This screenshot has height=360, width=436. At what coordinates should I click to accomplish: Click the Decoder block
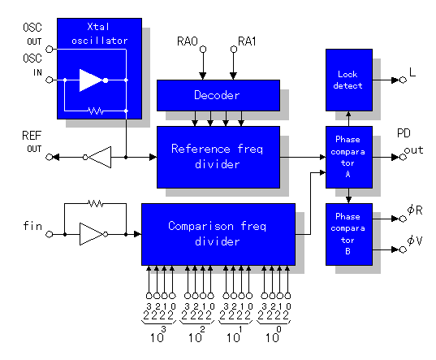218,95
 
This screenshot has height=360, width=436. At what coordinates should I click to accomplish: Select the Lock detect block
349,80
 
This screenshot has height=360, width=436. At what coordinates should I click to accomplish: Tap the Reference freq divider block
218,157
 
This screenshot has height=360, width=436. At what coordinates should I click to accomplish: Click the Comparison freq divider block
218,234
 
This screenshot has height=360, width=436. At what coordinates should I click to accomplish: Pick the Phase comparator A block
349,157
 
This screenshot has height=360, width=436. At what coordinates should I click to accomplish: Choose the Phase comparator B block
349,234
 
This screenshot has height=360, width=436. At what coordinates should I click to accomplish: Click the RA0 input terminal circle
203,50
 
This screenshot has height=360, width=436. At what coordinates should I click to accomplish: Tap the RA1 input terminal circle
234,50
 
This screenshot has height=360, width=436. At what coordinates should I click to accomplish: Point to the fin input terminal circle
50,234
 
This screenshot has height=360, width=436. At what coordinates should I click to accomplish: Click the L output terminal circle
403,80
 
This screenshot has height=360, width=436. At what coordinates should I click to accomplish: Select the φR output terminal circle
403,219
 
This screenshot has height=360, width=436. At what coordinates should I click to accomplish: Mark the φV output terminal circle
403,249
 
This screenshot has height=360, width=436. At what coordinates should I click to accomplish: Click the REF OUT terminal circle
50,157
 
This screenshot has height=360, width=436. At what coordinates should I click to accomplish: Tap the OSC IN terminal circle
50,80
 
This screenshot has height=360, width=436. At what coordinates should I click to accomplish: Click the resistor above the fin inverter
96,203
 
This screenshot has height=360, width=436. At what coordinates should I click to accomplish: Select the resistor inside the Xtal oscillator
96,111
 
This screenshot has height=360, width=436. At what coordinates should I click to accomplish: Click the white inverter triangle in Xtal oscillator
91,80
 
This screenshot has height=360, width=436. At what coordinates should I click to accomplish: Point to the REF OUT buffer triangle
100,157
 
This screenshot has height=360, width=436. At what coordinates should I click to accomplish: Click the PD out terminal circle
403,157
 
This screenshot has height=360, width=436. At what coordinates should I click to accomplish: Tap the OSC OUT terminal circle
50,50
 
